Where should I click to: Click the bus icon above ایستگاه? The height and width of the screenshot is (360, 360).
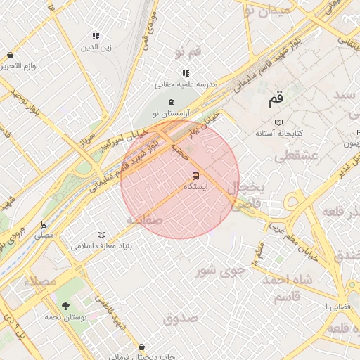coord(195,175)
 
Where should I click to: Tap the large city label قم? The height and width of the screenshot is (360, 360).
coord(275,100)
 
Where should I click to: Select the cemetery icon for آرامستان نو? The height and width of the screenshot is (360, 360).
coord(172,103)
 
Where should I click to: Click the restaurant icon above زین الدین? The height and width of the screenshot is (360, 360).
coord(96,36)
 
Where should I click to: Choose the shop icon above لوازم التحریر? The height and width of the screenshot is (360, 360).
coord(10,55)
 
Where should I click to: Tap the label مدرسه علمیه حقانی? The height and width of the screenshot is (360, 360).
coord(186,84)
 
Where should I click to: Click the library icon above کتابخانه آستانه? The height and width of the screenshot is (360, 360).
coord(279,122)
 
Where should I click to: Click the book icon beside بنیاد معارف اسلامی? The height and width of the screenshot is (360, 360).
coord(102,235)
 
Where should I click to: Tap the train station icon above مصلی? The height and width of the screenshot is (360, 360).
coord(44,225)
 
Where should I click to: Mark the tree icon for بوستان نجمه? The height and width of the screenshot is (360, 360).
coord(65,306)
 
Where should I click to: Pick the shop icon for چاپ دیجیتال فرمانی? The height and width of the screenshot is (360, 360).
coord(143,347)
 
